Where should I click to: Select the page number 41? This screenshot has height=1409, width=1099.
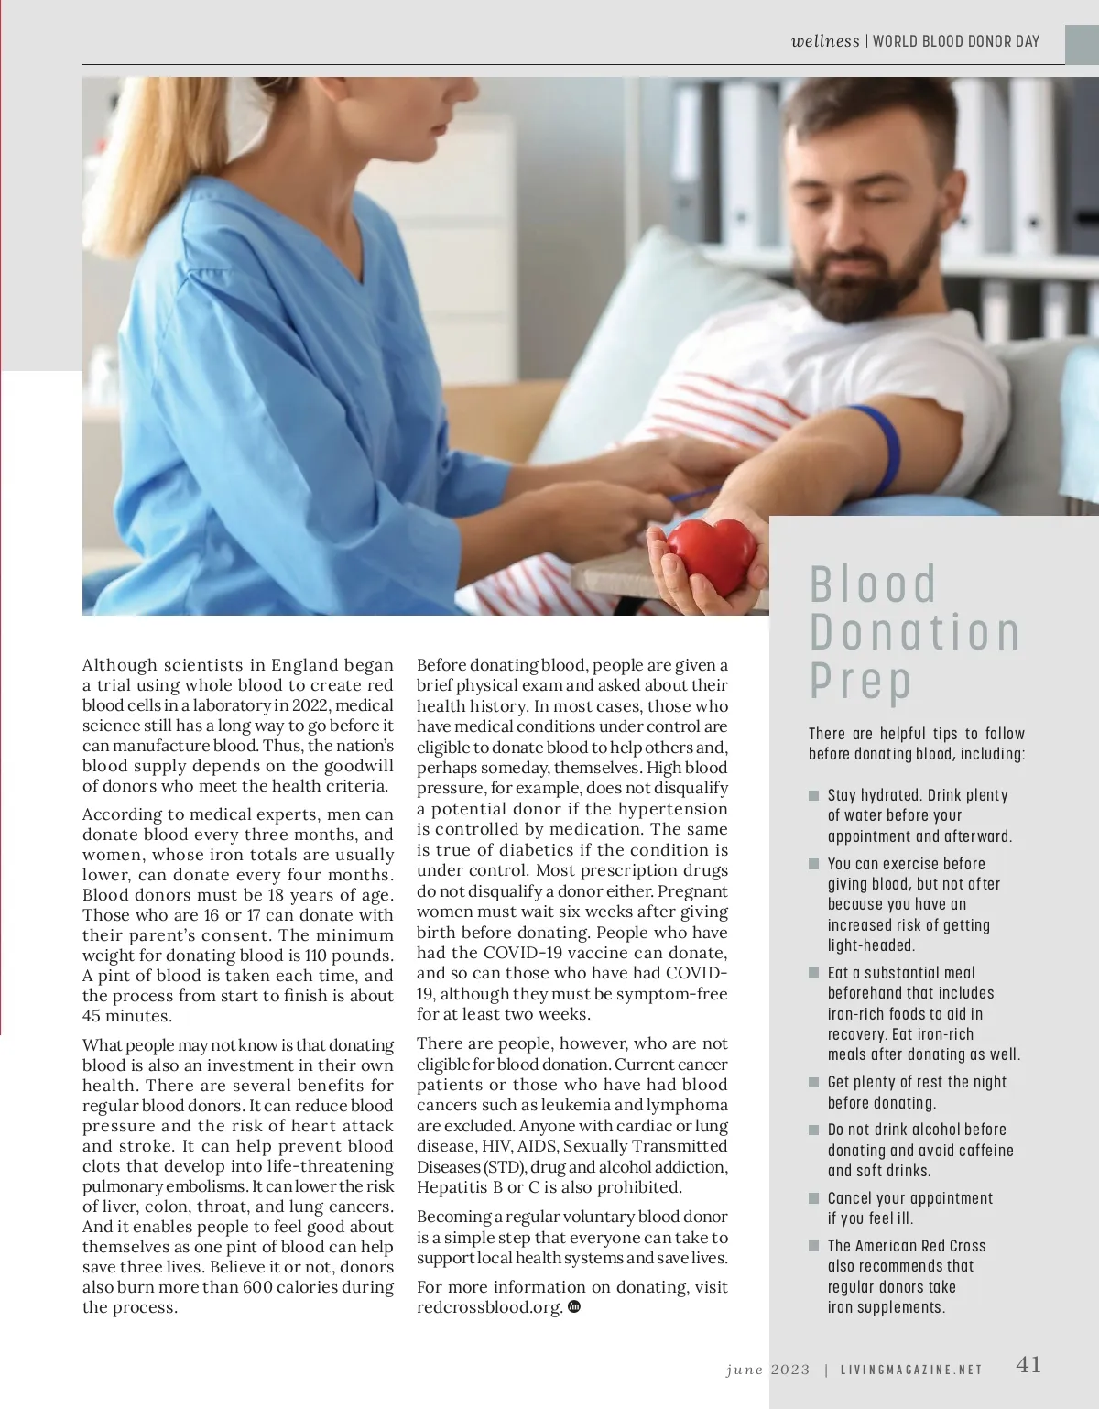click(x=1028, y=1365)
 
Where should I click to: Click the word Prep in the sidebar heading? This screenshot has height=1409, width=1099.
click(x=860, y=682)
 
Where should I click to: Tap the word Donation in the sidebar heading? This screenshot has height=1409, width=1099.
click(x=914, y=632)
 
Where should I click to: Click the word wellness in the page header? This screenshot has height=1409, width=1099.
click(x=825, y=41)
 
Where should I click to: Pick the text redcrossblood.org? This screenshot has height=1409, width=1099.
click(x=489, y=1307)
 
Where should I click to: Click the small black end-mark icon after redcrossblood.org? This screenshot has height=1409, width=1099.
click(x=574, y=1306)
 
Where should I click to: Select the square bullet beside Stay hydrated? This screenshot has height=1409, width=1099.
click(x=813, y=795)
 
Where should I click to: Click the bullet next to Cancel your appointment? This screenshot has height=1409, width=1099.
click(x=813, y=1198)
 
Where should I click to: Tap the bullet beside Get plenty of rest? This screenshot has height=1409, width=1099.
click(x=813, y=1082)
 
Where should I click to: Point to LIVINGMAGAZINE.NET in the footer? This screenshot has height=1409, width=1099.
click(x=911, y=1370)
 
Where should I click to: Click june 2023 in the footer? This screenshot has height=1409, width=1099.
click(x=767, y=1370)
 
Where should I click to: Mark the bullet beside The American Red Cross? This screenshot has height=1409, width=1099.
click(x=813, y=1246)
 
